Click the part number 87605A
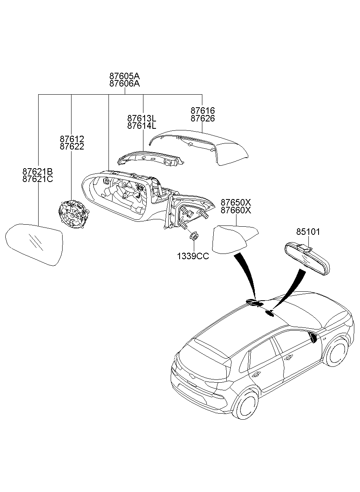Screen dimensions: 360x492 pos(125,76)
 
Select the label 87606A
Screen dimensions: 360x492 pos(125,84)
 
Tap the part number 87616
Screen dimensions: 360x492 pos(202,111)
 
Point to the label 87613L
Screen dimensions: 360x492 pos(142,118)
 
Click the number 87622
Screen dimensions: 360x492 pos(72,147)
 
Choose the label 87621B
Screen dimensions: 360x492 pos(37,171)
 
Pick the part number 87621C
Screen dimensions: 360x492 pos(37,179)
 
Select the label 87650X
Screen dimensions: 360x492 pos(236,202)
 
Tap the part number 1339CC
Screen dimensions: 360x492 pos(193,256)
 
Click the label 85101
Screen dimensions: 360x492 pos(308,232)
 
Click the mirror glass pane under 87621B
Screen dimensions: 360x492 pos(34,245)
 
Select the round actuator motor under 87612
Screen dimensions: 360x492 pos(74,215)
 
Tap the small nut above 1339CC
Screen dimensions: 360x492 pos(194,236)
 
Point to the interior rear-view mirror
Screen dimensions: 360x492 pos(307,258)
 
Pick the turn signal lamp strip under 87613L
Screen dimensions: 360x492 pos(151,158)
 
